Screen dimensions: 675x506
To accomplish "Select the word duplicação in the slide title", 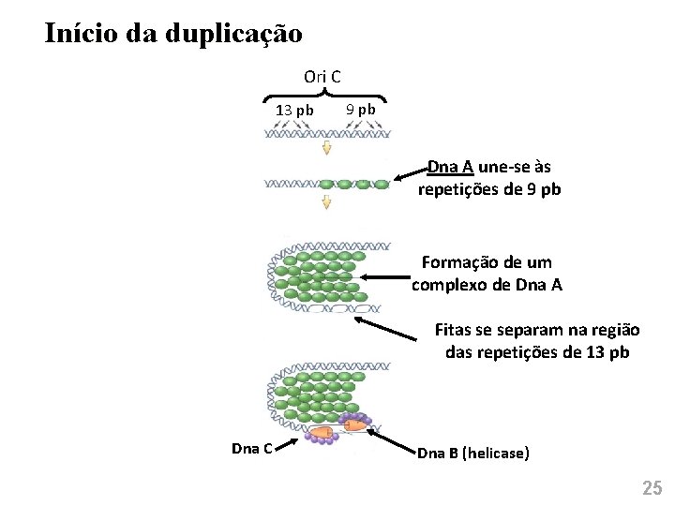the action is pyautogui.click(x=234, y=34).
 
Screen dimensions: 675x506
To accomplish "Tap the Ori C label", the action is pyautogui.click(x=322, y=76).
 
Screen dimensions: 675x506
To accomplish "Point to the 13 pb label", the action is pyautogui.click(x=294, y=110).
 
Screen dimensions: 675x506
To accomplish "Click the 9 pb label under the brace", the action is pyautogui.click(x=360, y=109).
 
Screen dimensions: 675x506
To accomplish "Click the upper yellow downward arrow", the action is pyautogui.click(x=326, y=148).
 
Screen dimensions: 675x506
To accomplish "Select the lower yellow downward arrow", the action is pyautogui.click(x=326, y=202).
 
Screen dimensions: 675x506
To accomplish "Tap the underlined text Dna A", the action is pyautogui.click(x=450, y=167).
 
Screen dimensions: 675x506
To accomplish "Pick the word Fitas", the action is pyautogui.click(x=454, y=330).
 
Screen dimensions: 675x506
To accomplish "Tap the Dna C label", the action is pyautogui.click(x=251, y=448).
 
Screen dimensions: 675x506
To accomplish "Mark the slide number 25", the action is pyautogui.click(x=651, y=487).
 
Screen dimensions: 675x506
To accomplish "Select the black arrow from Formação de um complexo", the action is pyautogui.click(x=385, y=276).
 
